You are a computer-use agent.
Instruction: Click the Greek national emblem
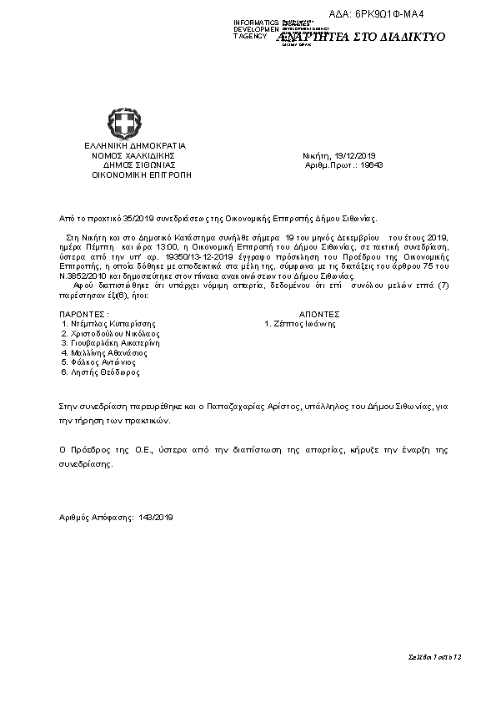[x=123, y=125]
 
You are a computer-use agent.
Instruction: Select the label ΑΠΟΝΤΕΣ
[x=318, y=314]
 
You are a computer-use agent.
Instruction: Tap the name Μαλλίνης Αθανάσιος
[x=112, y=353]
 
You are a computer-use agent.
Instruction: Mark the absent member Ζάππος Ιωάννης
[x=303, y=323]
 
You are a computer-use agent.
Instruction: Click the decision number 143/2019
[x=157, y=518]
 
